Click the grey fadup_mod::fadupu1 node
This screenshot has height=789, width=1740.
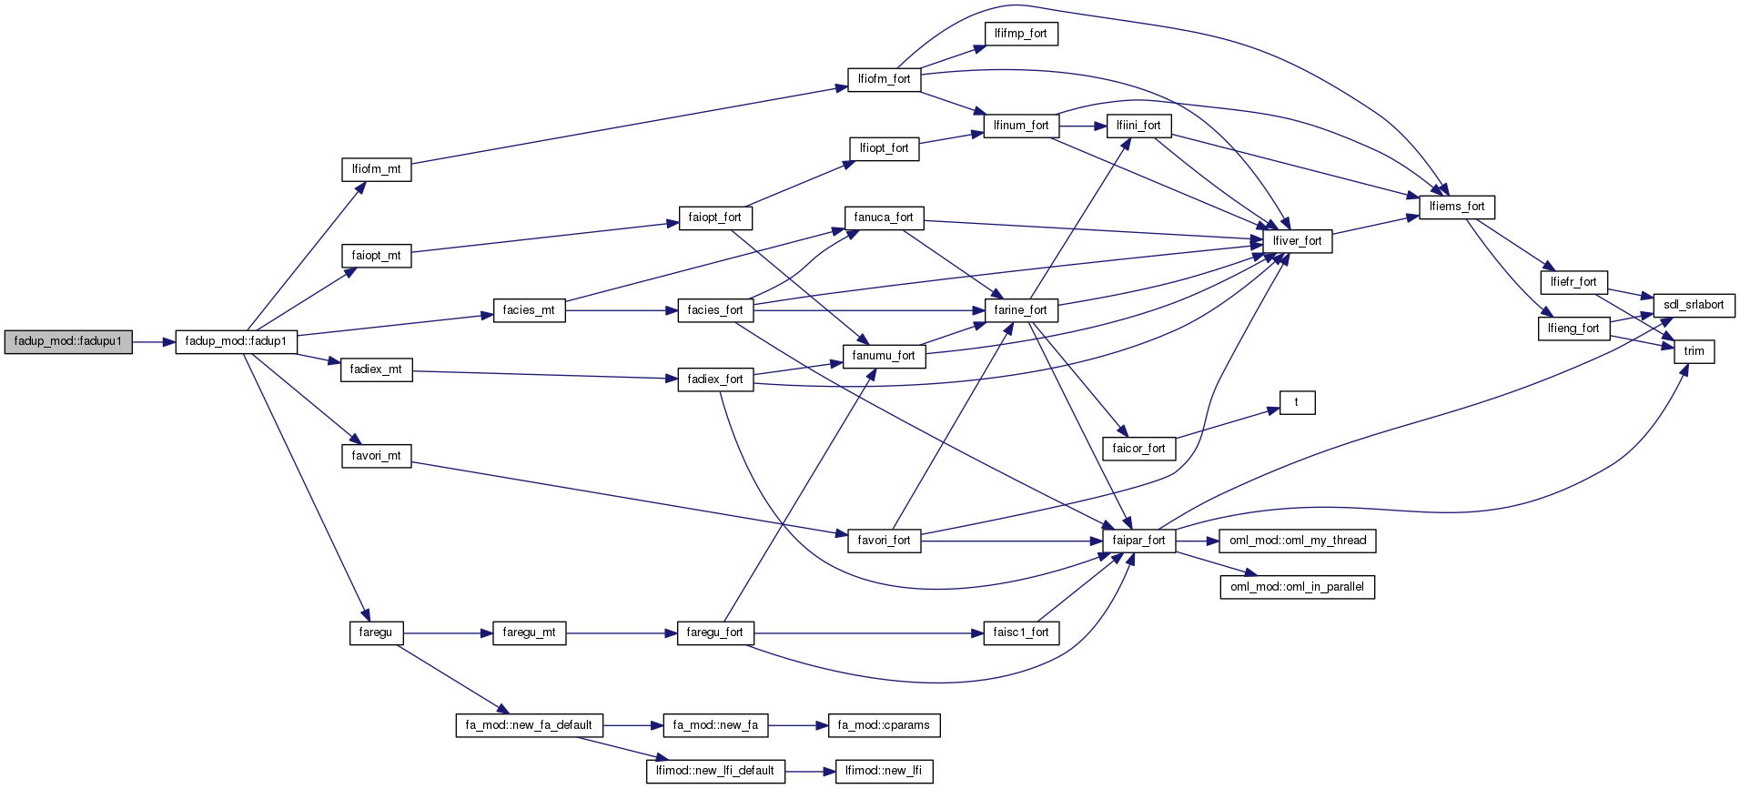click(x=68, y=342)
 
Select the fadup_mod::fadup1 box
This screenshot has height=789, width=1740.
click(x=236, y=342)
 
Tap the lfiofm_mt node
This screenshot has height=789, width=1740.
click(x=376, y=169)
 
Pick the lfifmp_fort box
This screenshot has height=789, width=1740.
click(x=1020, y=34)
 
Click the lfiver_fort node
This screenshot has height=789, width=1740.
click(x=1297, y=241)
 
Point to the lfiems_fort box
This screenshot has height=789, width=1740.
click(x=1456, y=207)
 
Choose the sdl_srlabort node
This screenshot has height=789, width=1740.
click(x=1693, y=305)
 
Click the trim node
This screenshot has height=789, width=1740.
click(x=1694, y=351)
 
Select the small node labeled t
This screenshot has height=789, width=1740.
click(x=1297, y=402)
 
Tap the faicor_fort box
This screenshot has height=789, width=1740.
click(x=1138, y=449)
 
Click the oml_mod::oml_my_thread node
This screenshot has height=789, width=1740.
click(x=1297, y=541)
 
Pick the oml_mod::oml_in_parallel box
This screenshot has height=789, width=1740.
click(x=1297, y=587)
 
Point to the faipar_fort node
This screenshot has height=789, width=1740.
click(x=1138, y=541)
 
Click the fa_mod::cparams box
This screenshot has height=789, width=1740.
click(x=884, y=725)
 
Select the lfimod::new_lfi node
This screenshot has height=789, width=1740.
click(x=883, y=771)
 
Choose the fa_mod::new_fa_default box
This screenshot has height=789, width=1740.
click(x=529, y=725)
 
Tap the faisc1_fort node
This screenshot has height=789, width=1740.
click(x=1020, y=632)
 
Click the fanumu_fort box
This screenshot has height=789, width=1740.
click(x=883, y=356)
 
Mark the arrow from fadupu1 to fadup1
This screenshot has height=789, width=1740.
click(x=153, y=342)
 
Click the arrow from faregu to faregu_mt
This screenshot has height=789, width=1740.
click(x=446, y=632)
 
